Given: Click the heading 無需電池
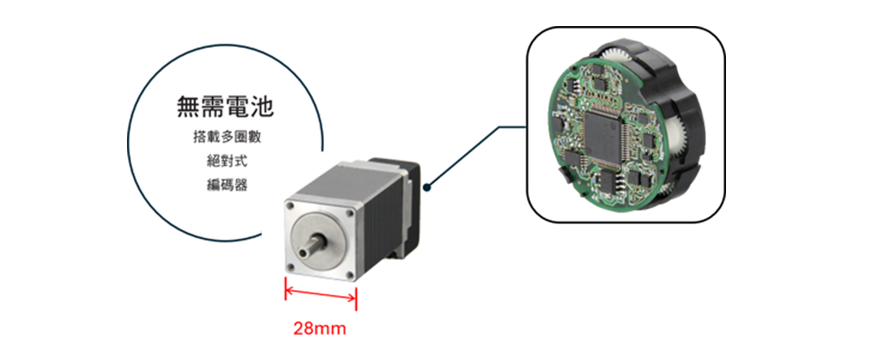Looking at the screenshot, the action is click(x=225, y=107).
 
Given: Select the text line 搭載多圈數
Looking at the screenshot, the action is click(x=226, y=138).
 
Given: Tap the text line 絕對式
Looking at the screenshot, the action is click(x=226, y=161).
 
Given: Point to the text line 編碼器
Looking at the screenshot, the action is click(x=226, y=186).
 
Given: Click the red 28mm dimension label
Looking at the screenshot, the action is click(x=319, y=328).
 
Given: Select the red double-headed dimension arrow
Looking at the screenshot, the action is click(x=321, y=294).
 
